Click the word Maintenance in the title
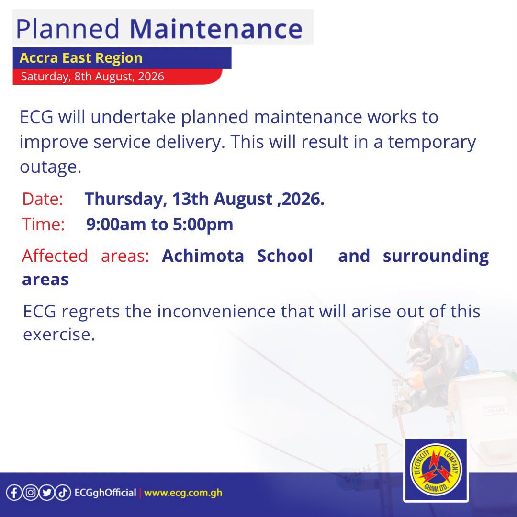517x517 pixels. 216,29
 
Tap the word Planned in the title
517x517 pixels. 67,29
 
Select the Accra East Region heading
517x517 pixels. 81,58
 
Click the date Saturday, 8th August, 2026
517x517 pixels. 92,77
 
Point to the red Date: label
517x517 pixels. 43,199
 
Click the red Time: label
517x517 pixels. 43,225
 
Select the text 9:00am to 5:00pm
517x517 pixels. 159,225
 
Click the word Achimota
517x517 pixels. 203,256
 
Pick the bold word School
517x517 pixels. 285,256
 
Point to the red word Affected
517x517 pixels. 55,256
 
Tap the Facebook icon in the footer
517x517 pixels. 14,493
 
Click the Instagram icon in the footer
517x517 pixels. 31,493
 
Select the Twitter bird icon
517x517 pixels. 47,493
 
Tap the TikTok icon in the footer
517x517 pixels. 63,493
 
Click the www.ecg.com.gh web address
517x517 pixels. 183,493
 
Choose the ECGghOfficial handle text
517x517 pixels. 105,493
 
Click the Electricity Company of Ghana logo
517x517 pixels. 436,470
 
